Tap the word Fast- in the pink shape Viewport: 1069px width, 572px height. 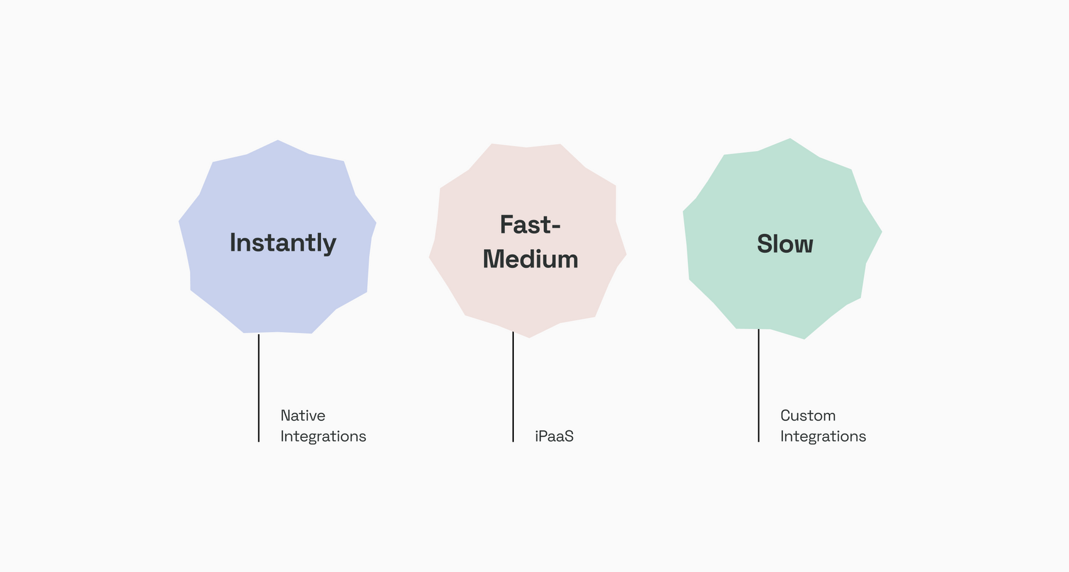click(x=530, y=225)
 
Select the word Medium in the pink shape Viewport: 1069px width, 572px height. click(x=530, y=259)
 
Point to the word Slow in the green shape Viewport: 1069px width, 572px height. click(x=785, y=244)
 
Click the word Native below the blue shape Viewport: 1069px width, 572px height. click(x=303, y=415)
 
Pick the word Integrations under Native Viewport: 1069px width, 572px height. click(x=323, y=437)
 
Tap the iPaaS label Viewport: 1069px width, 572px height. click(x=554, y=436)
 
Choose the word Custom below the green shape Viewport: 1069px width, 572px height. click(x=808, y=415)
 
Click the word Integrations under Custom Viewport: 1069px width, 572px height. click(x=823, y=437)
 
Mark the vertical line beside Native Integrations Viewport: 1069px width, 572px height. click(x=258, y=388)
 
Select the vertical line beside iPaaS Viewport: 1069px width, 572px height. click(x=513, y=387)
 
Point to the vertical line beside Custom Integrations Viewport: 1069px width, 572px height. click(x=758, y=385)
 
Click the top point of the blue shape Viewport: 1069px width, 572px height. click(x=278, y=140)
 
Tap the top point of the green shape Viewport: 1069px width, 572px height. click(x=790, y=138)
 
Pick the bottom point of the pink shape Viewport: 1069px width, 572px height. click(x=529, y=337)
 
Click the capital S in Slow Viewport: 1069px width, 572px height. click(x=765, y=244)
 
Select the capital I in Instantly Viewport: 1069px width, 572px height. click(x=233, y=242)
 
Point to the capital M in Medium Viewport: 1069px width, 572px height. click(x=493, y=259)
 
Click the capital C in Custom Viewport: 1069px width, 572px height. click(x=786, y=415)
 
